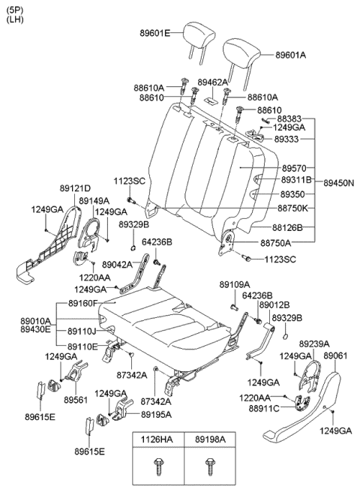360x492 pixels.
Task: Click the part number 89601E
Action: tap(155, 33)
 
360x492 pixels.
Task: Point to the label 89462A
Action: tap(212, 82)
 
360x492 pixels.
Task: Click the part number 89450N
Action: tap(339, 182)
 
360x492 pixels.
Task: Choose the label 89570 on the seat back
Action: tap(294, 169)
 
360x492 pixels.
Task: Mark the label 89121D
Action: tap(75, 188)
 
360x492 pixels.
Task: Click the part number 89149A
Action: tap(94, 200)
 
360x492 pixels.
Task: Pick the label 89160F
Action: tap(83, 304)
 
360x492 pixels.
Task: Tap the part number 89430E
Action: tap(35, 329)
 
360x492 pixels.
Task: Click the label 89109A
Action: tap(235, 284)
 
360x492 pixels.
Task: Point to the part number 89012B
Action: tap(274, 305)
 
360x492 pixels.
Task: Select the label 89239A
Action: tap(314, 344)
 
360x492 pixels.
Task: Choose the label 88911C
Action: tap(264, 409)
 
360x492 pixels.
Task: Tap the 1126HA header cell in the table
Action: tap(157, 439)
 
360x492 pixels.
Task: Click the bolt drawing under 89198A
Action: tap(210, 467)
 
